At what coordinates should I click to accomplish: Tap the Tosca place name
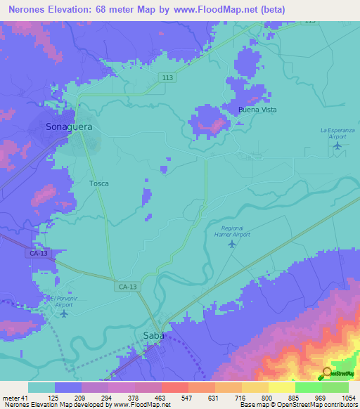click(x=98, y=183)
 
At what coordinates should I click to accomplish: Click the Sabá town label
click(x=154, y=335)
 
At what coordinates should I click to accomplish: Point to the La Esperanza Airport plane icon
click(x=337, y=146)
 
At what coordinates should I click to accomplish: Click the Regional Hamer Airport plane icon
click(x=232, y=244)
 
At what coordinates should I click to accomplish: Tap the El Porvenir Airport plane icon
click(x=64, y=313)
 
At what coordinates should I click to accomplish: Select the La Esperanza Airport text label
click(x=337, y=133)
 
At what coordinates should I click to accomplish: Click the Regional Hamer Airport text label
click(x=232, y=231)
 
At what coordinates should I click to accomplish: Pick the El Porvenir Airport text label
click(x=63, y=301)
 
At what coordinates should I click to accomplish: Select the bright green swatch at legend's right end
click(x=335, y=387)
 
